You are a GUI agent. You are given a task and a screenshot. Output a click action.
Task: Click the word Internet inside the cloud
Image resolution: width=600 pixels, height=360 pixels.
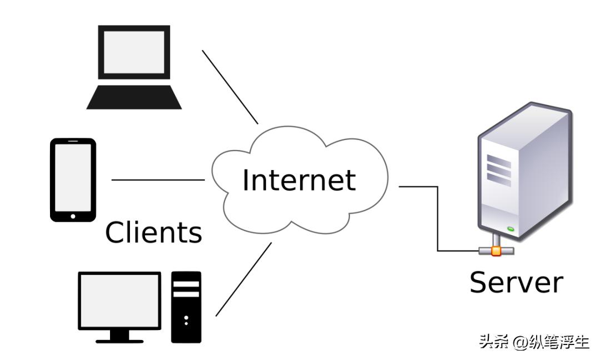tap(299, 180)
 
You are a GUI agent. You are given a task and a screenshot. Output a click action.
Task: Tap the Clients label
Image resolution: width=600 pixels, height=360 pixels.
tap(153, 232)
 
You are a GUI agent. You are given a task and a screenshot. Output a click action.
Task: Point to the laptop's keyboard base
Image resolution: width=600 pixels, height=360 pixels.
tap(134, 97)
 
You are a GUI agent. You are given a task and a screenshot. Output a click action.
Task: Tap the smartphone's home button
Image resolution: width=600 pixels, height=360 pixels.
tap(72, 214)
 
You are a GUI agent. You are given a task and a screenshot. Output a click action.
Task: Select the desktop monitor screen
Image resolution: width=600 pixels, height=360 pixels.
tap(119, 301)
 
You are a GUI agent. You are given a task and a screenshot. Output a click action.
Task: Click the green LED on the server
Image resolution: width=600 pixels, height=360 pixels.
tap(511, 229)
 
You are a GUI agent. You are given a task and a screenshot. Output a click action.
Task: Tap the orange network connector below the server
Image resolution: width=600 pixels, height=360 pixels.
tap(496, 251)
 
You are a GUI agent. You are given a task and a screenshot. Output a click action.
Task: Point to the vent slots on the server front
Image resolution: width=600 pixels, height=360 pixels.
tap(498, 166)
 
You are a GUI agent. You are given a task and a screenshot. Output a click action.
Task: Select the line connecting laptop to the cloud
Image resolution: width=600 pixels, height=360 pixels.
tap(230, 87)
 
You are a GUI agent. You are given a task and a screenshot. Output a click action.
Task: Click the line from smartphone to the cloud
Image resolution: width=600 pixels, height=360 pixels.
tap(158, 180)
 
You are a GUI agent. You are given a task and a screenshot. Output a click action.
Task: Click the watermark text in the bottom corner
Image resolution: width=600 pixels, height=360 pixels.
tap(534, 342)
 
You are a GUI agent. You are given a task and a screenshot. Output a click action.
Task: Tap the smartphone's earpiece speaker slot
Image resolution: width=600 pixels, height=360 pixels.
tap(73, 142)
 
